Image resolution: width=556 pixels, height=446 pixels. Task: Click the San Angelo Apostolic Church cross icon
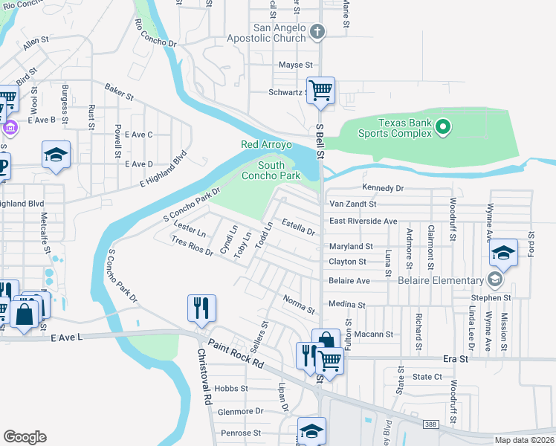click(317, 32)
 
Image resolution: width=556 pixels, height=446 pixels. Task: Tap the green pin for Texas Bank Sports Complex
click(443, 127)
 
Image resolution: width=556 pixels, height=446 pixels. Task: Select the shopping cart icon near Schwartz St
click(321, 91)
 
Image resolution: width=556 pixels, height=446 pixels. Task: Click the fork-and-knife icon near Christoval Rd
click(201, 308)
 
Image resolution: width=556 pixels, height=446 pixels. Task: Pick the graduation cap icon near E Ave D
click(56, 155)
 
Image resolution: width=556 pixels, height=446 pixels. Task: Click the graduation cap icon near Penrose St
click(311, 430)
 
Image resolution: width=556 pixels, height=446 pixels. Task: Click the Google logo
click(25, 436)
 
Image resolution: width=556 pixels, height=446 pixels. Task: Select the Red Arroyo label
click(266, 144)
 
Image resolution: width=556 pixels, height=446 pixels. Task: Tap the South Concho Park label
click(279, 170)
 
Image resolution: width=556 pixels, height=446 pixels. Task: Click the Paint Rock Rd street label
click(236, 354)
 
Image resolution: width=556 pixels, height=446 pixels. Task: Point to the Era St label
click(458, 358)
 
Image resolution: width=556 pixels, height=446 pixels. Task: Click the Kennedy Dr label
click(383, 188)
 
